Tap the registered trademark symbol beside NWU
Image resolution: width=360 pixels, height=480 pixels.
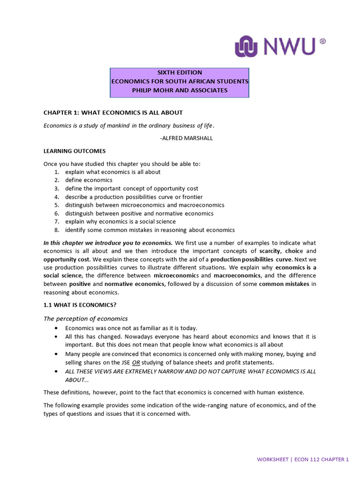pos(322,41)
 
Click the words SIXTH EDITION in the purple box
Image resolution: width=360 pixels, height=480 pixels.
pos(180,73)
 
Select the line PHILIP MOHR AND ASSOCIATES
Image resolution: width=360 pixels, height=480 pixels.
pos(180,90)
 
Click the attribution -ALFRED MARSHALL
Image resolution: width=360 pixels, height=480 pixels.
pos(186,138)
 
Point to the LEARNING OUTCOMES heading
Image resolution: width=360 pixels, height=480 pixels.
pos(75,151)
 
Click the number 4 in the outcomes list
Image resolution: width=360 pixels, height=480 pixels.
pos(56,197)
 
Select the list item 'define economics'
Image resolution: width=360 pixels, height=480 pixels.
pos(89,180)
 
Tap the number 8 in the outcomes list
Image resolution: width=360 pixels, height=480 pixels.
pos(56,230)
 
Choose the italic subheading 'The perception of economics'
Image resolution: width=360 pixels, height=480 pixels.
pos(85,319)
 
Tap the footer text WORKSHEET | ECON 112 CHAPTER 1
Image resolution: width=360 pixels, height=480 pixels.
pos(303,460)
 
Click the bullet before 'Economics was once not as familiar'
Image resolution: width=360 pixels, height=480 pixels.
pos(56,328)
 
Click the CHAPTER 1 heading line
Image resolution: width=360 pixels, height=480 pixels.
pos(113,112)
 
